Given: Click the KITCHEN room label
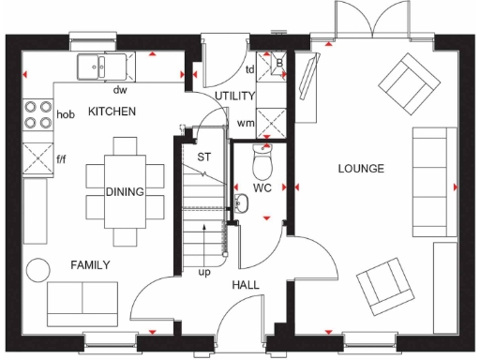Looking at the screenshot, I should [112, 112].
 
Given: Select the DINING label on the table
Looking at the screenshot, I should [124, 192].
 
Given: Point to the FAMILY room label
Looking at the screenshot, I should [90, 265].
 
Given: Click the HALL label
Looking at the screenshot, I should [246, 285].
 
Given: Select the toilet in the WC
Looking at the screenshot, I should [262, 165].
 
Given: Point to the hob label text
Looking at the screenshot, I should [66, 114].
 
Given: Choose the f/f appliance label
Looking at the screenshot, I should [62, 159].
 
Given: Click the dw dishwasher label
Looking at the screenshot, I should [120, 91].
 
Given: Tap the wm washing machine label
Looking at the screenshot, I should [247, 123].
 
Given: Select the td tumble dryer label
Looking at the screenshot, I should [250, 69].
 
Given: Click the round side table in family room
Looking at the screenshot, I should [38, 269].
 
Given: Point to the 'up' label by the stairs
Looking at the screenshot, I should [203, 273].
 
